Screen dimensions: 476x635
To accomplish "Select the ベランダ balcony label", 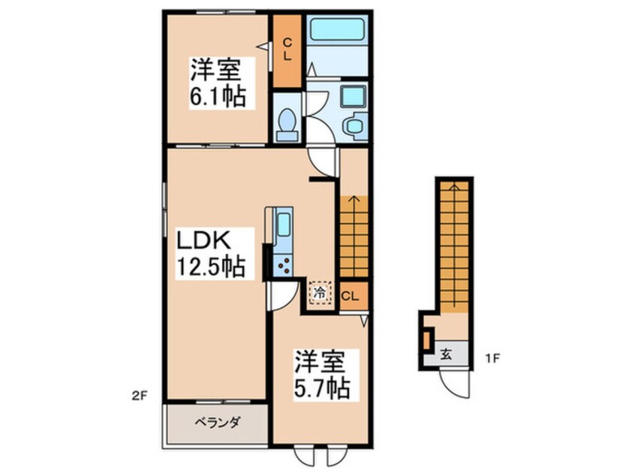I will coord(214,423).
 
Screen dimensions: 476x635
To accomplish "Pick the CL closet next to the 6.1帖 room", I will coord(286,50).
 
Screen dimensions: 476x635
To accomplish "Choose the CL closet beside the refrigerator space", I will coord(351,294).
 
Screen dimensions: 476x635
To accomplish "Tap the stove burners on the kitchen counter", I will coord(284,263).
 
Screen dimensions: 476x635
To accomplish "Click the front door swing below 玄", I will coord(455,383).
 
